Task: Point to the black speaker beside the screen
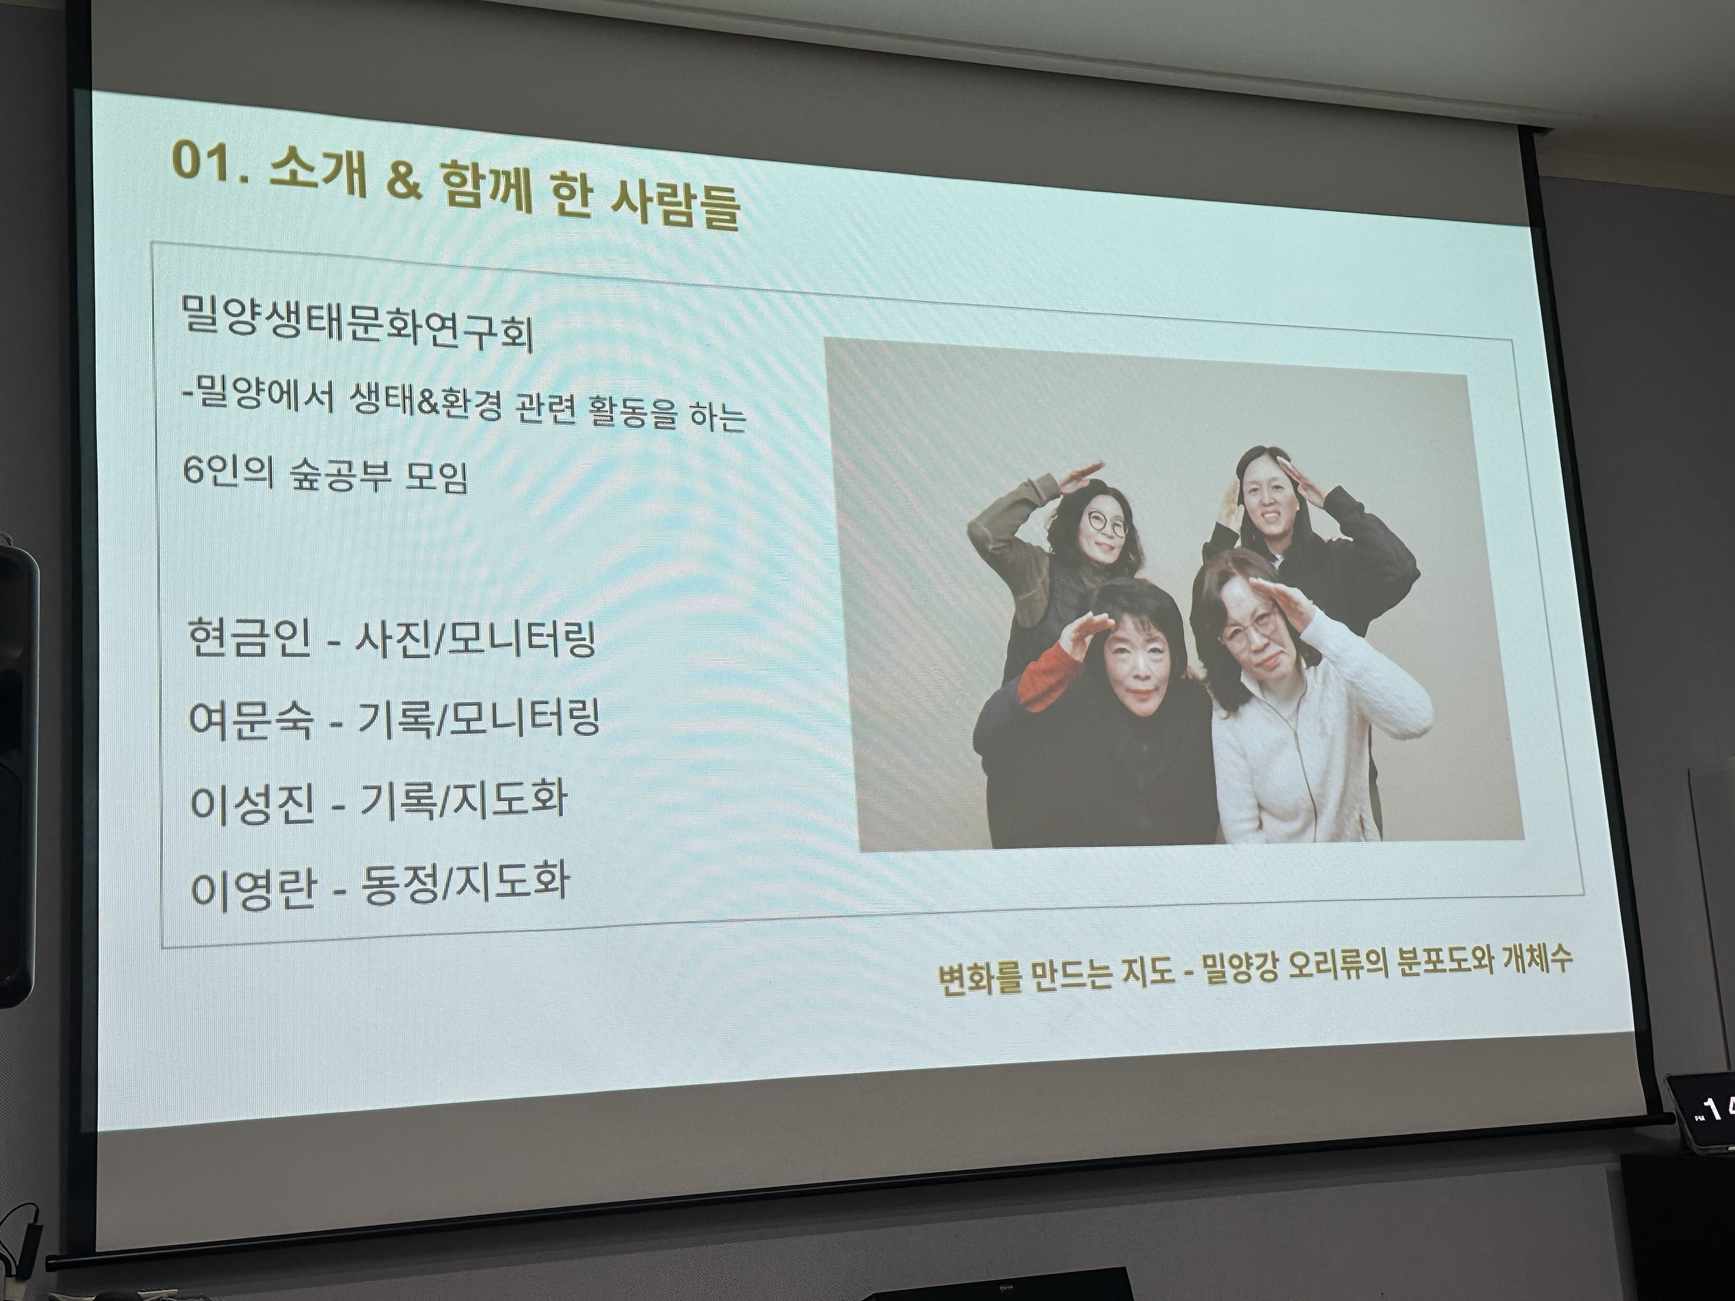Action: click(x=17, y=772)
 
